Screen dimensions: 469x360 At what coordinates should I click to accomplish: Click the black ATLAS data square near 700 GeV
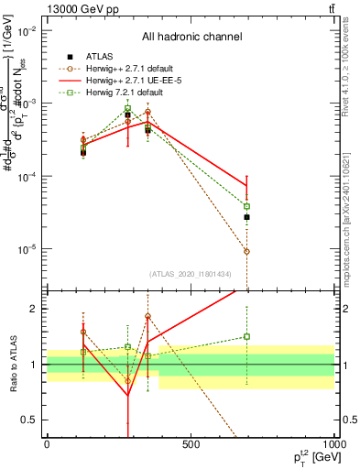246,217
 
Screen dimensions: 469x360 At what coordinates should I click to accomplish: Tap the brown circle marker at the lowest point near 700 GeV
246,251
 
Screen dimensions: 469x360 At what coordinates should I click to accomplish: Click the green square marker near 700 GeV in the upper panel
246,206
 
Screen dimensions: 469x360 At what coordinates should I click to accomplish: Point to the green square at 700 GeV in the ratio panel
246,336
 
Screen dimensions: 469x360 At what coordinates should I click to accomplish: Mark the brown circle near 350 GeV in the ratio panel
147,317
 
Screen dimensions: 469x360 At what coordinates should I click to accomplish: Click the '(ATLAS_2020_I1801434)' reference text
190,274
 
